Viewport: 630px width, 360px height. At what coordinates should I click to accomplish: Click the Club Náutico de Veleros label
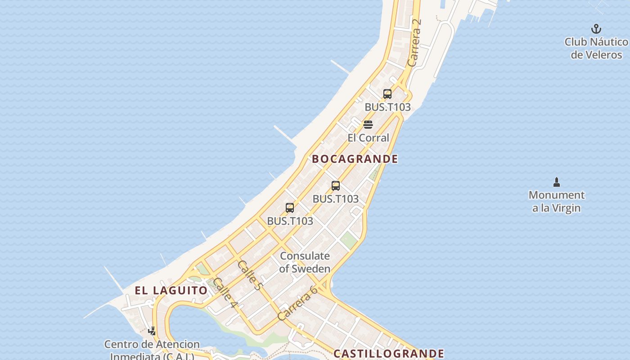point(596,48)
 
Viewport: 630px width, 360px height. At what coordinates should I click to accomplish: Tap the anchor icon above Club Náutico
point(596,29)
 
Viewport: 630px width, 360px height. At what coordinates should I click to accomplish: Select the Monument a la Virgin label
point(557,201)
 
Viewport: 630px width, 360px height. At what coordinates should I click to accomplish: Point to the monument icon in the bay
point(557,182)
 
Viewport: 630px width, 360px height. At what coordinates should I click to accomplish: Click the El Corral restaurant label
point(368,138)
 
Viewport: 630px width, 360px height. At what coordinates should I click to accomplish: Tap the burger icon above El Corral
point(368,125)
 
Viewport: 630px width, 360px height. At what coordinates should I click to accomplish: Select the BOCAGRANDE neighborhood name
point(355,159)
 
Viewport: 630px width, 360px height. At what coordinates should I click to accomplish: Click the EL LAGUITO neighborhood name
point(171,290)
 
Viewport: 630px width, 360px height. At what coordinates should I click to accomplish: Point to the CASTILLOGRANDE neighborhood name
point(389,354)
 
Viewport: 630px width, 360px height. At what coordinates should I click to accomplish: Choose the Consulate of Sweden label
point(305,262)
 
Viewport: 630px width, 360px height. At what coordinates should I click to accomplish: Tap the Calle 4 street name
point(225,292)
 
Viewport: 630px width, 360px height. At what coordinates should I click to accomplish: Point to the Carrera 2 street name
point(414,43)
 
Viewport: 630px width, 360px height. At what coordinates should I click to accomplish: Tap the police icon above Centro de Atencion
point(152,331)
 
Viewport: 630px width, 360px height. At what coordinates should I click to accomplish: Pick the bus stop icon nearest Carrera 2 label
point(387,94)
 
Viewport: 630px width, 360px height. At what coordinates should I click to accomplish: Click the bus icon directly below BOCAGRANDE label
point(336,186)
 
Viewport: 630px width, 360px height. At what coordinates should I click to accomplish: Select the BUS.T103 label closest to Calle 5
point(290,221)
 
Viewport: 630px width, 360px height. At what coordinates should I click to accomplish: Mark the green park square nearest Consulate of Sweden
point(348,240)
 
